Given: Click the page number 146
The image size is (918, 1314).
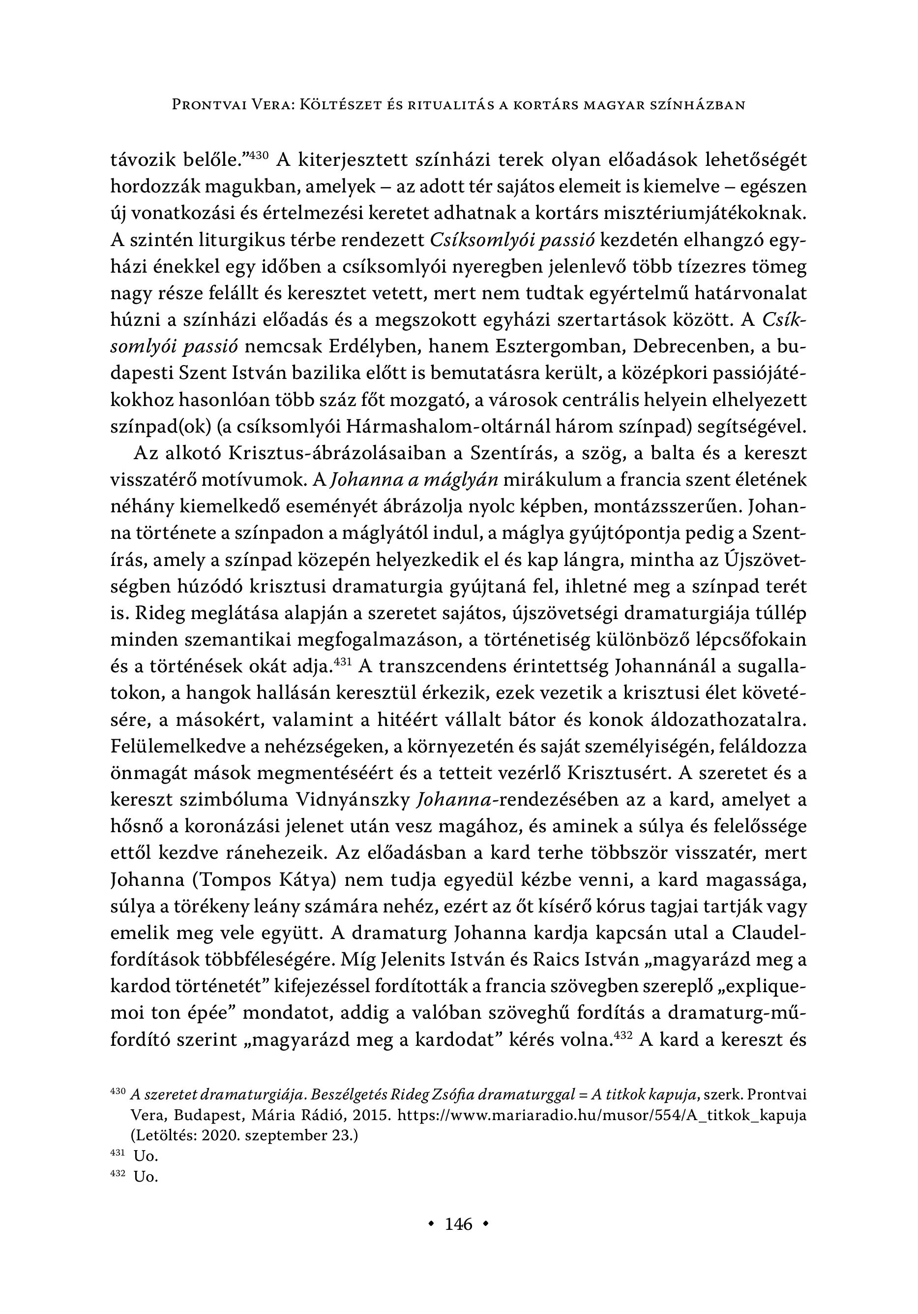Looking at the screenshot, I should coord(459,1224).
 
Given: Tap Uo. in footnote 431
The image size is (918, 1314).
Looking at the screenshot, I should coord(145,1156).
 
